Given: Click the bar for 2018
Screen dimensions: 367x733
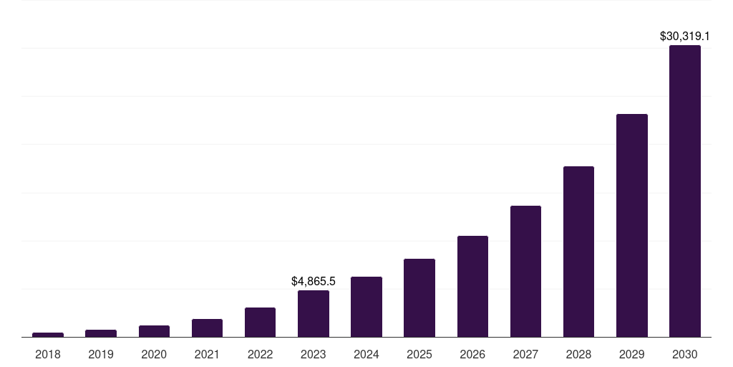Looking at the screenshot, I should [48, 334].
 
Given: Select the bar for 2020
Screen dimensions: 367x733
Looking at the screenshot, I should [154, 331].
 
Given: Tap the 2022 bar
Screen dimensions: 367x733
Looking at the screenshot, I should [260, 322].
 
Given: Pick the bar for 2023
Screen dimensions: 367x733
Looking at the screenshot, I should [314, 313].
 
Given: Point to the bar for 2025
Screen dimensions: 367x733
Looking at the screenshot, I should [419, 297].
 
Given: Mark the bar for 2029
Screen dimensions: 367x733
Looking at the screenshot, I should [631, 225].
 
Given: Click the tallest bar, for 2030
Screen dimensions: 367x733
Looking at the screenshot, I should [685, 191].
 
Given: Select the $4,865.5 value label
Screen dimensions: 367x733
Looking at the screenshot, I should [314, 282].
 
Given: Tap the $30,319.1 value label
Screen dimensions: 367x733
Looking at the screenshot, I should [685, 35].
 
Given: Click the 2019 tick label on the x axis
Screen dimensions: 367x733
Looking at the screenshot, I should [101, 354].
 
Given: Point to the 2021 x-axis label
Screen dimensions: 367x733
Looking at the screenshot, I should [207, 354].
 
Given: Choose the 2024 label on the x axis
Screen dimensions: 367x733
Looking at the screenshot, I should [366, 354].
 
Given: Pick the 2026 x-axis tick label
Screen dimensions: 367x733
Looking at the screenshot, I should [472, 354].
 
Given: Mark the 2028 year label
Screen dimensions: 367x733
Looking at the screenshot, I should [578, 354].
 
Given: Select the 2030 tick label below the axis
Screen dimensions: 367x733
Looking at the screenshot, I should [685, 354].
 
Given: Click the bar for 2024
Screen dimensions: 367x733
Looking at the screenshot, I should [366, 307].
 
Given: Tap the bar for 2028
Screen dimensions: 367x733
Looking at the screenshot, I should [578, 252].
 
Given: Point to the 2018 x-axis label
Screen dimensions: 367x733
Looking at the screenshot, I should [48, 354].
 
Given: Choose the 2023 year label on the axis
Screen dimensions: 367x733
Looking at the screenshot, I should [314, 354].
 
